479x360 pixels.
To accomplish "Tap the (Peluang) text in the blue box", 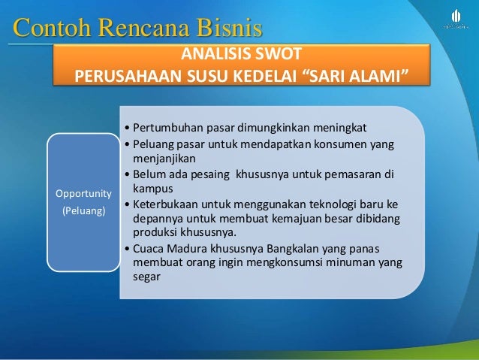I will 84,212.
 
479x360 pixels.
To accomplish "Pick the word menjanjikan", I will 164,159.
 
